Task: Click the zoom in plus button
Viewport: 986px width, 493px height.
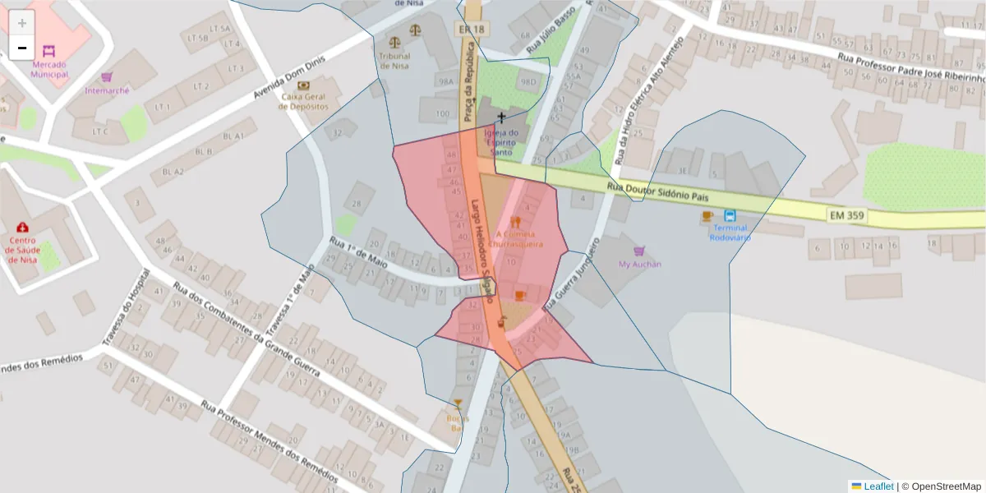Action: [22, 23]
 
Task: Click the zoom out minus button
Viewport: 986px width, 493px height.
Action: [22, 47]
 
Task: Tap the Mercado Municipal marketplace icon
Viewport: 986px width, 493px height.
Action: [48, 51]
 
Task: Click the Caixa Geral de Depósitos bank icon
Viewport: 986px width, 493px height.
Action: [304, 85]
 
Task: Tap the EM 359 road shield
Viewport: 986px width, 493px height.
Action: [846, 214]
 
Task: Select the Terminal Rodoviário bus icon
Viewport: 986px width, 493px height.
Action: [730, 216]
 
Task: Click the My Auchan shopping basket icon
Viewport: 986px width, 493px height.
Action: [638, 251]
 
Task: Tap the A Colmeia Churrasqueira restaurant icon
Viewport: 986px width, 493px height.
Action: [515, 222]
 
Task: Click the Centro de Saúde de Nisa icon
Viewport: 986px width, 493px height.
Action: [22, 227]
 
